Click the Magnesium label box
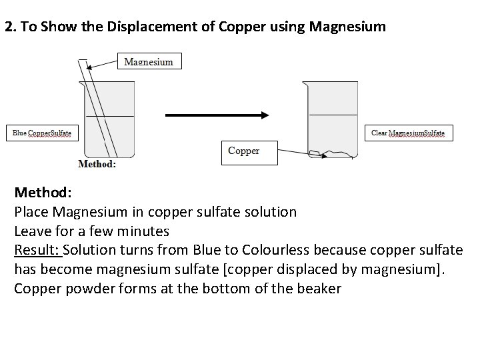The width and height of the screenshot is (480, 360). [149, 61]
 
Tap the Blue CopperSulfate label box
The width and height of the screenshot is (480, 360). [42, 133]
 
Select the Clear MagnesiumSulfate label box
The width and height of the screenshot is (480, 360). [409, 133]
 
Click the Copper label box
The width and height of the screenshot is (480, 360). [249, 153]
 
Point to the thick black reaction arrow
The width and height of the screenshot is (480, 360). [217, 115]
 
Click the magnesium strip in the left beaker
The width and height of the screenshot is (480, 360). [97, 109]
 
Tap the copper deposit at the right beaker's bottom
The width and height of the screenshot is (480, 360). [331, 154]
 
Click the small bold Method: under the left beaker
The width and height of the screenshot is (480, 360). [97, 164]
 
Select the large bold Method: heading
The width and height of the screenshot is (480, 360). [43, 193]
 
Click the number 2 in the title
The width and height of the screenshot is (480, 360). [9, 27]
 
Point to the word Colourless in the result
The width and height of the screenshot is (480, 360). [275, 250]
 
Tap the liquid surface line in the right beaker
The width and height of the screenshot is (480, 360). [333, 115]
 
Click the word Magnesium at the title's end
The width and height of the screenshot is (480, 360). [347, 27]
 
